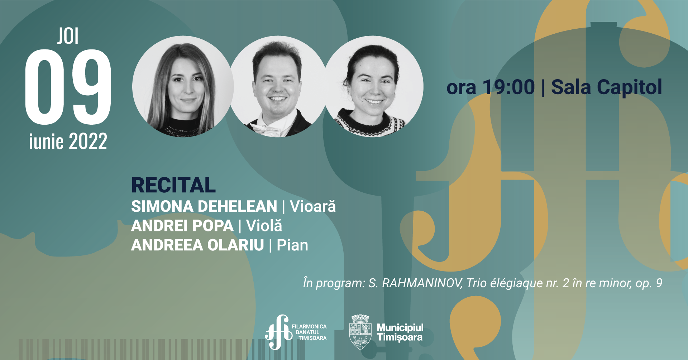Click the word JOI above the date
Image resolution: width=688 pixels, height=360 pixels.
(x=68, y=36)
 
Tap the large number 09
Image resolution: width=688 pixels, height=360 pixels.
(x=68, y=87)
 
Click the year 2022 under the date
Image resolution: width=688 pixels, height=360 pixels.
(x=88, y=141)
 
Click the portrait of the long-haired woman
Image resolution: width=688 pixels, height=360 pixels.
(x=183, y=86)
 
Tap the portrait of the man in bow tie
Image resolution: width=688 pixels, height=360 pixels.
(x=278, y=86)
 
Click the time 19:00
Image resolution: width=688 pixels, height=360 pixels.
(x=509, y=87)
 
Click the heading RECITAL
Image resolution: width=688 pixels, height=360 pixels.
(x=173, y=185)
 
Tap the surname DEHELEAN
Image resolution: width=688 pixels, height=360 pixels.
(x=238, y=207)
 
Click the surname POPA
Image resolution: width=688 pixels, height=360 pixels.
(x=213, y=226)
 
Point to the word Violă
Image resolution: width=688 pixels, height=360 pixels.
(x=264, y=225)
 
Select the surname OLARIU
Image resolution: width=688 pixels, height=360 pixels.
(x=236, y=245)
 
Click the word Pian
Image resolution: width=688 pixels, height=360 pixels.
(x=292, y=245)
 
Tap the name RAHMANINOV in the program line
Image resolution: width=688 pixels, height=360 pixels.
(x=422, y=283)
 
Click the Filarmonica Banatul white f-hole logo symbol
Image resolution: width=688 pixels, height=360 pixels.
(x=278, y=332)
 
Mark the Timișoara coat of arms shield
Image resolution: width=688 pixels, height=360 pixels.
(x=360, y=332)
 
